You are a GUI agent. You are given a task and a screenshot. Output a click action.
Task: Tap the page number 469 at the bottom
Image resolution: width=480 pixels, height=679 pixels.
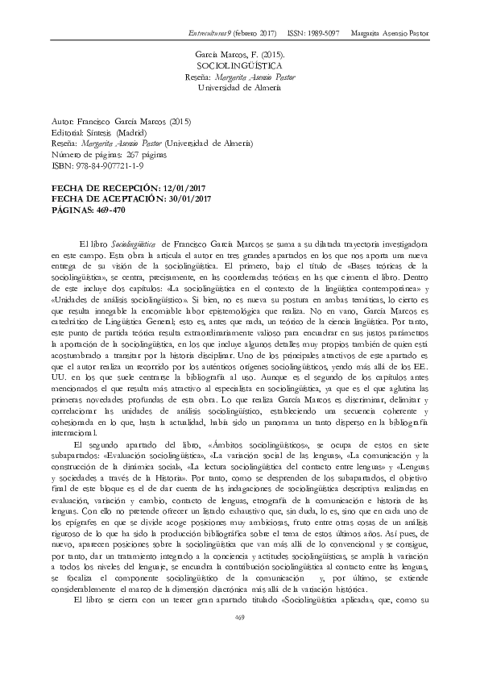[x=239, y=639]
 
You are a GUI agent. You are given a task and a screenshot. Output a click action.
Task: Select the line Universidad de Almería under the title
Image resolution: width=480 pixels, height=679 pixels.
[x=240, y=86]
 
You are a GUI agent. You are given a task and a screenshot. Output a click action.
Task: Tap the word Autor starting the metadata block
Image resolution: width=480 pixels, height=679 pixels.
[x=62, y=119]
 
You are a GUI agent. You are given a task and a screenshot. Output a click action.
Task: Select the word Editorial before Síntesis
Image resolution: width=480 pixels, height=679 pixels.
[x=66, y=131]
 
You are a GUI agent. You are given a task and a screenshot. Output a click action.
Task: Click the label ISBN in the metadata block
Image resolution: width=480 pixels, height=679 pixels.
[x=60, y=166]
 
